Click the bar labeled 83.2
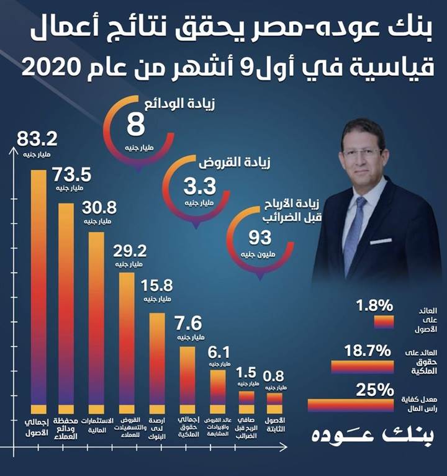[x=38, y=289]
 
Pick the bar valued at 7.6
[x=187, y=379]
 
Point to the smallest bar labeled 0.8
[x=274, y=403]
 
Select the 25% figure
[x=375, y=390]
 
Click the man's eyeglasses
[x=362, y=152]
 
